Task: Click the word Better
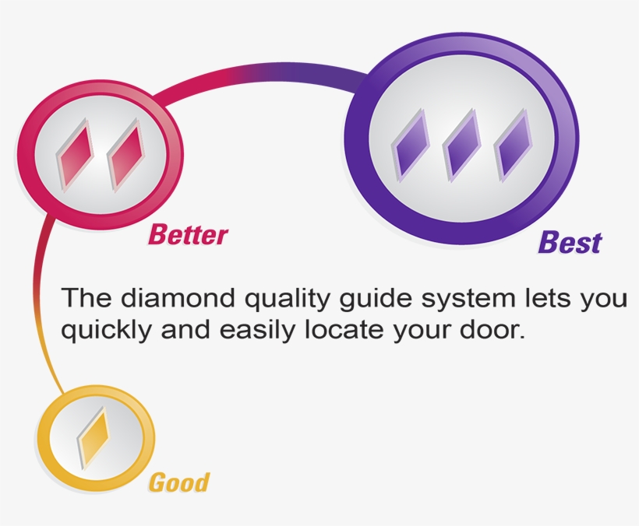[188, 233]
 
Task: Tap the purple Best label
[570, 243]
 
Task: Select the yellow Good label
[178, 482]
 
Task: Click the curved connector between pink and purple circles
[257, 73]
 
